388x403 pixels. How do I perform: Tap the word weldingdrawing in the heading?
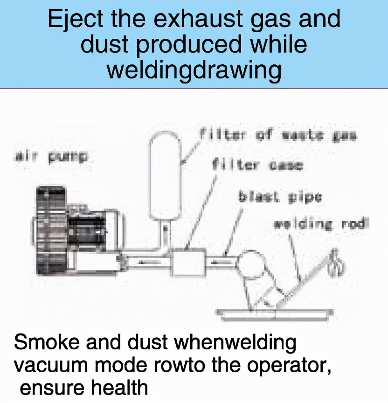tap(194, 70)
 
